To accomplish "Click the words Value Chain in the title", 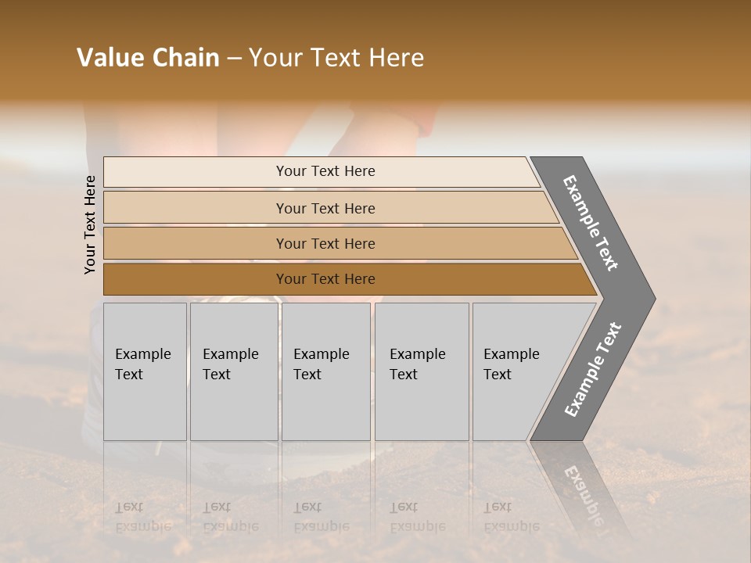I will pyautogui.click(x=148, y=58).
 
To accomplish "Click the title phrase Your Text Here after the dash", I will pyautogui.click(x=336, y=58).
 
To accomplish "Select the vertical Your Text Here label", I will pyautogui.click(x=90, y=224).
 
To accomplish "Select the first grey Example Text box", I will pyautogui.click(x=145, y=371).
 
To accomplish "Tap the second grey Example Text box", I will pyautogui.click(x=234, y=371).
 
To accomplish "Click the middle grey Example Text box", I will pyautogui.click(x=325, y=371).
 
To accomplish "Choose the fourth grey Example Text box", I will pyautogui.click(x=422, y=371).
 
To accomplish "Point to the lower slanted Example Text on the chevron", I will pyautogui.click(x=593, y=369).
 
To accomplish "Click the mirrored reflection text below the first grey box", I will pyautogui.click(x=143, y=517).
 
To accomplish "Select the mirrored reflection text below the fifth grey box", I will pyautogui.click(x=512, y=517).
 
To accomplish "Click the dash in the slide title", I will pyautogui.click(x=234, y=59).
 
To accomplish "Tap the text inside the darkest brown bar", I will pyautogui.click(x=325, y=279).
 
